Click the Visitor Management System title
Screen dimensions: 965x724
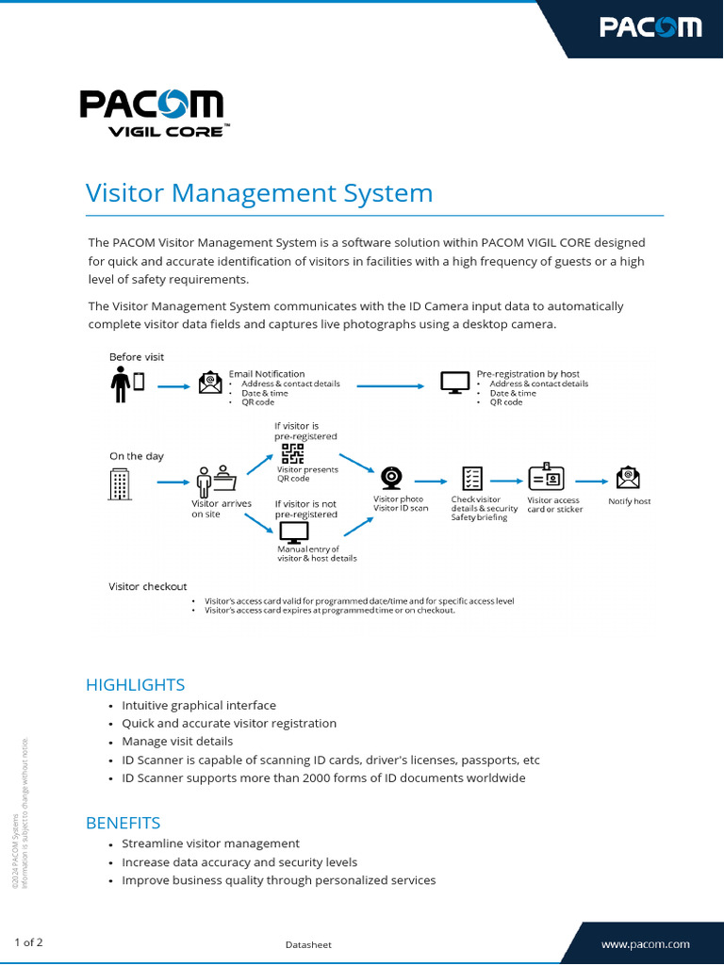point(259,193)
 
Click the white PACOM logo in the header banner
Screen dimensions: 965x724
point(650,26)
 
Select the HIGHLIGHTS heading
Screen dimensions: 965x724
point(135,685)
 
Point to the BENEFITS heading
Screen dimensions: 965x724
point(123,823)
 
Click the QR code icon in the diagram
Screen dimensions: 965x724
point(293,453)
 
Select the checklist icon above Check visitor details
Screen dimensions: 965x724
point(471,479)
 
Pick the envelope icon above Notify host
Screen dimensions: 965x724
point(627,478)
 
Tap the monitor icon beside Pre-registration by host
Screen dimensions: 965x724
point(455,383)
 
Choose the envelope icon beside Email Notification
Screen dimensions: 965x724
point(210,383)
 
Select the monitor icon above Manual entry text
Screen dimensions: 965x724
point(294,532)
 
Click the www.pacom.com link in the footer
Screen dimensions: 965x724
point(645,943)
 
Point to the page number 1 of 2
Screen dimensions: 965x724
point(28,942)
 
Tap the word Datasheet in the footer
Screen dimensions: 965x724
point(308,944)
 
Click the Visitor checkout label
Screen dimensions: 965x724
point(148,586)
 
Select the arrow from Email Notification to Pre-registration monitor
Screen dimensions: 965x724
point(389,385)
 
